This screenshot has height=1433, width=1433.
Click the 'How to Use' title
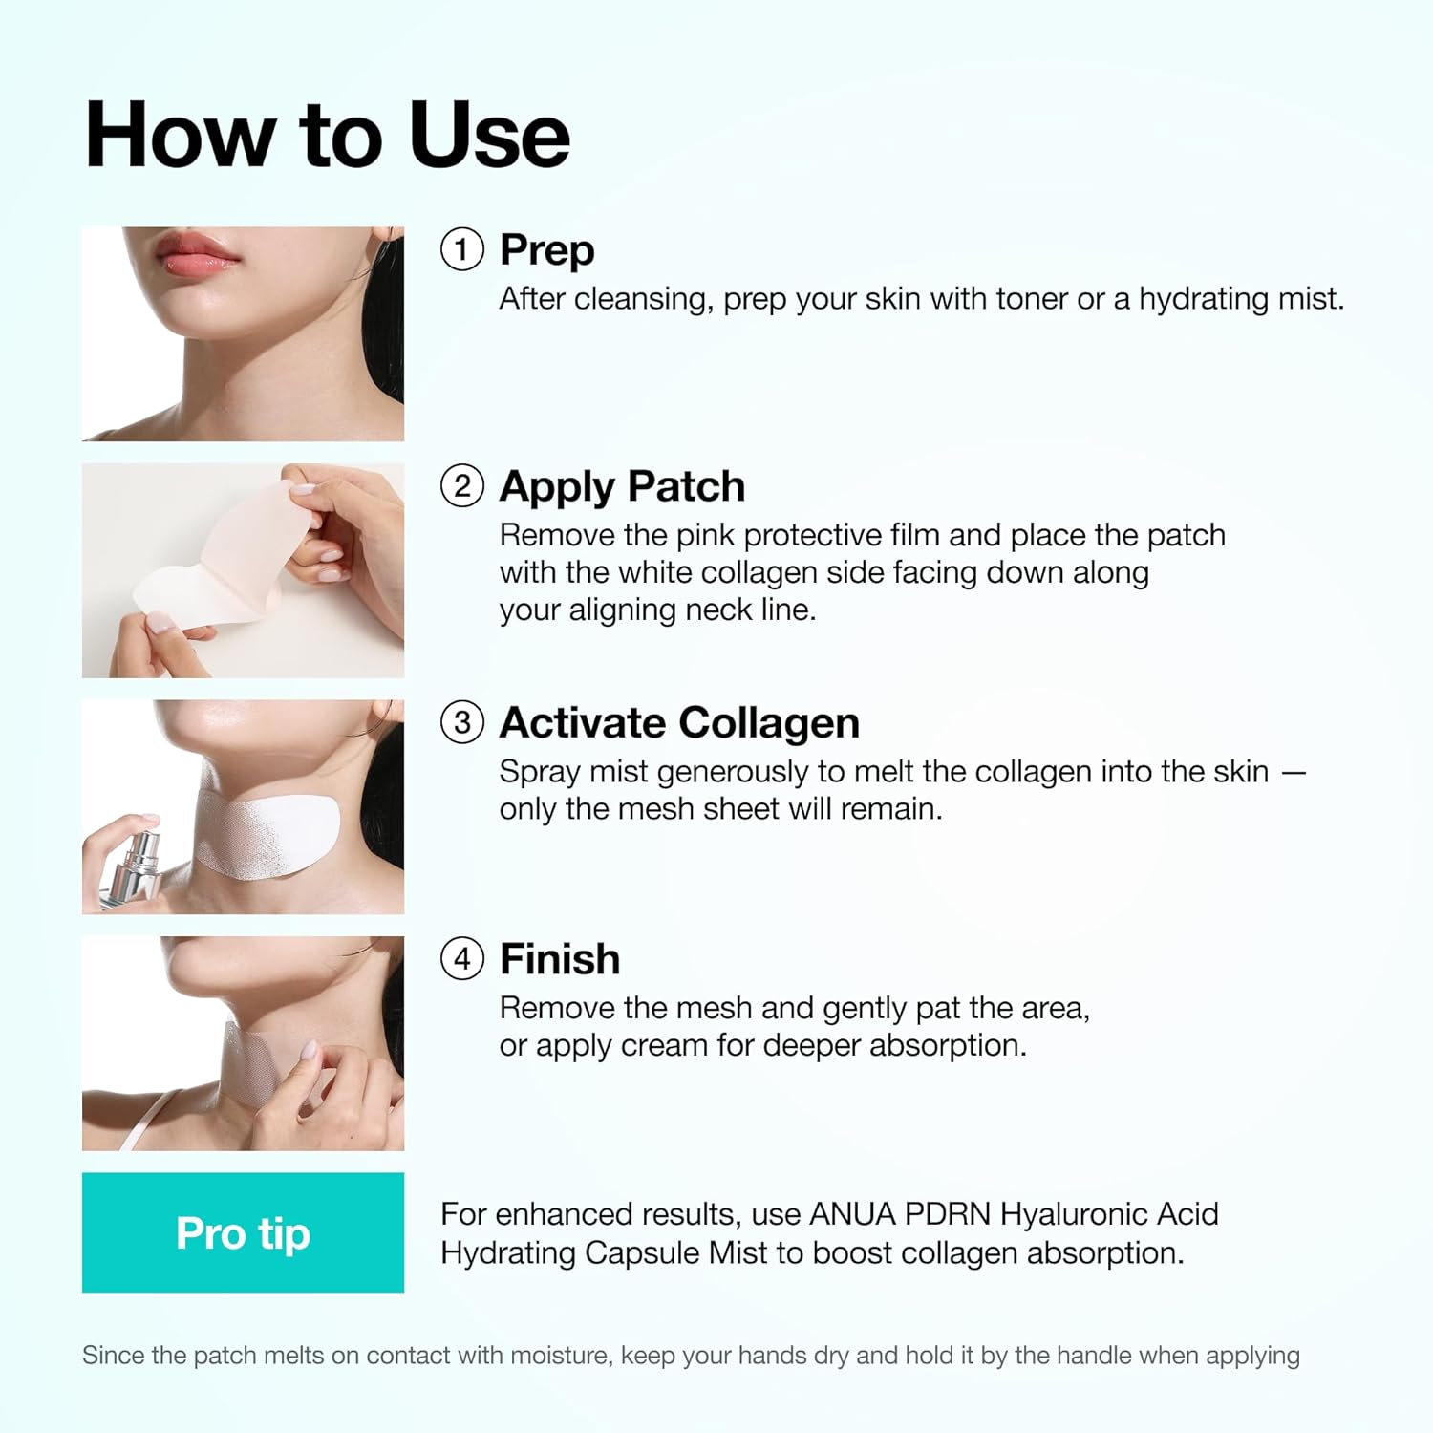pos(327,136)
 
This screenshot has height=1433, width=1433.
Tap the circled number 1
pos(461,250)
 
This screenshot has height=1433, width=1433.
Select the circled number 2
pos(461,486)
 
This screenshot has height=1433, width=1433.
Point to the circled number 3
pos(461,722)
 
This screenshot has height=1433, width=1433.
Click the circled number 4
pos(461,958)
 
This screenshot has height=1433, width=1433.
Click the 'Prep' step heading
pos(546,250)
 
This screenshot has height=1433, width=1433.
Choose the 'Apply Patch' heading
pos(622,486)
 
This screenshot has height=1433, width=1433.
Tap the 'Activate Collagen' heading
pos(679,722)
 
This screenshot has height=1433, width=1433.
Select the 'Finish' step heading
pos(560,958)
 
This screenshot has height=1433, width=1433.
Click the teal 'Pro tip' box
pos(243,1232)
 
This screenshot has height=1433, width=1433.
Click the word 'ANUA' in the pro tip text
pos(851,1214)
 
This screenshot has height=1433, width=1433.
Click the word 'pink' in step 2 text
pos(705,535)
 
